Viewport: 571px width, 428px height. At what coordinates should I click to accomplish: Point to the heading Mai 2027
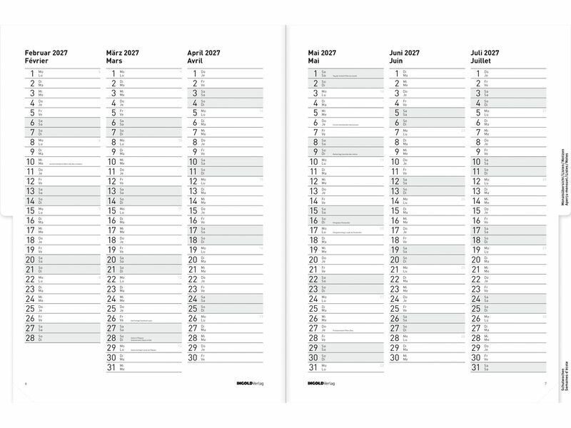pos(322,53)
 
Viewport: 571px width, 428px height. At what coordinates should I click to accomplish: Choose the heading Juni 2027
pos(405,53)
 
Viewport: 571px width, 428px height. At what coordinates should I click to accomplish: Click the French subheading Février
pos(39,62)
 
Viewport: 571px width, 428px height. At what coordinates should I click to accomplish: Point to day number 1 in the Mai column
pos(315,73)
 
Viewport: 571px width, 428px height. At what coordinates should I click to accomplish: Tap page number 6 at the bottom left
pos(26,385)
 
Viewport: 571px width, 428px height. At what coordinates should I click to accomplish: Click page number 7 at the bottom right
pos(545,385)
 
